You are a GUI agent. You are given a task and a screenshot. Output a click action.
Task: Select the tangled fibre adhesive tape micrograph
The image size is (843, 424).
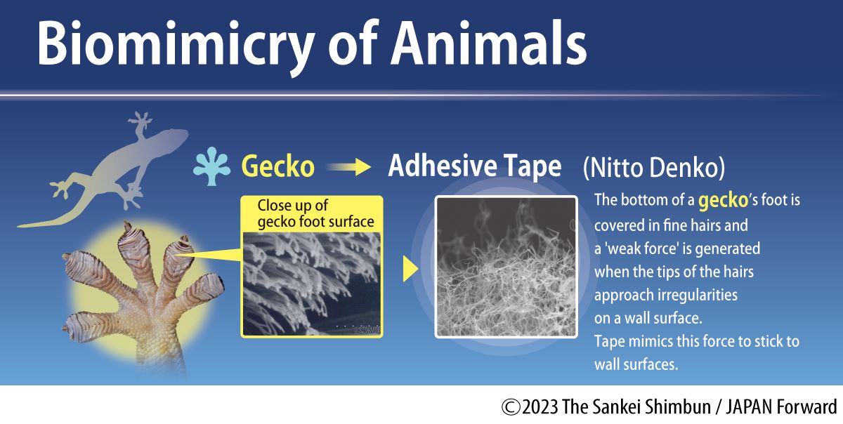(506, 267)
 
